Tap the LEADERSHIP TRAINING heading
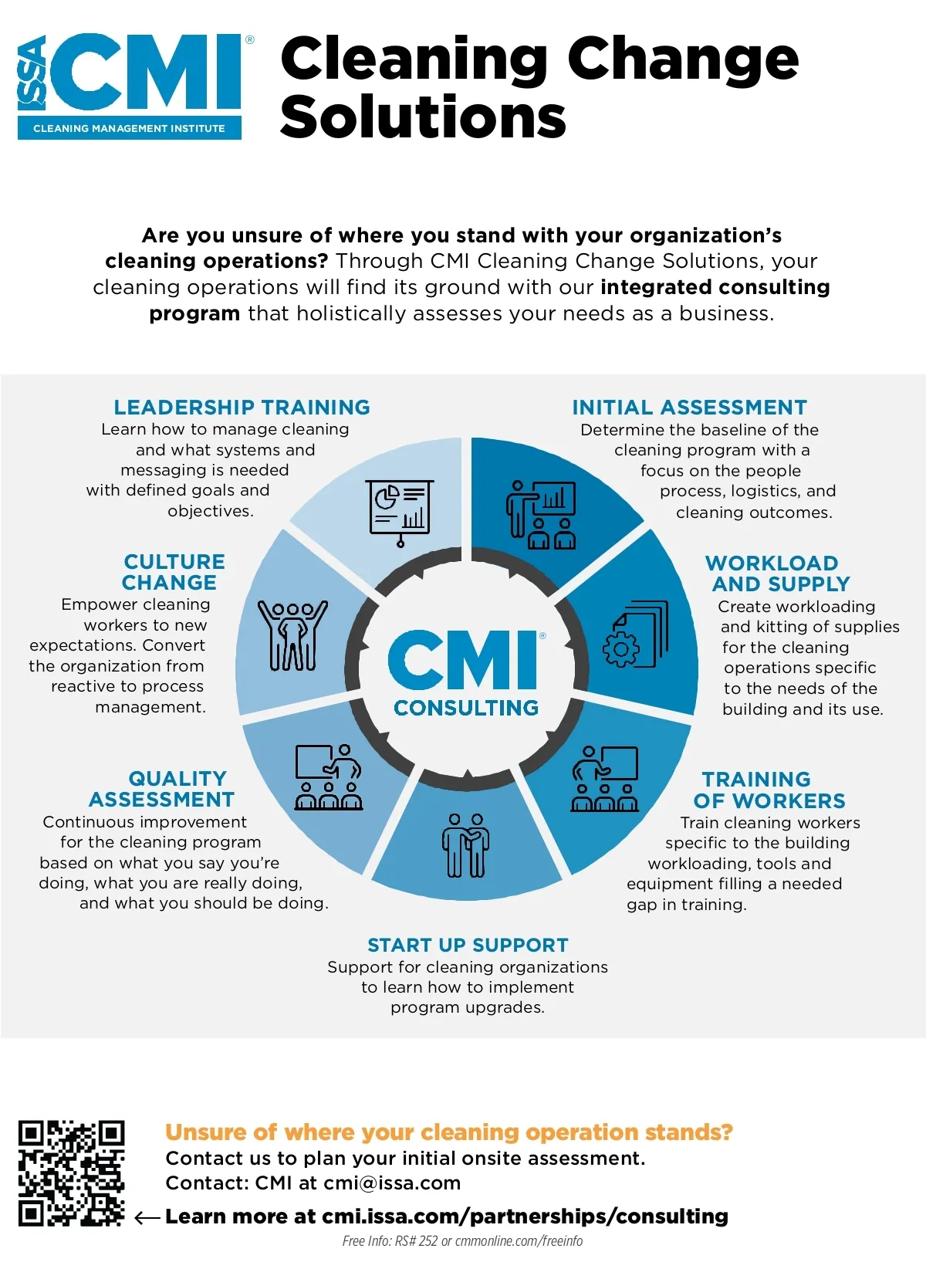click(242, 407)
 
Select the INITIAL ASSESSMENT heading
click(689, 407)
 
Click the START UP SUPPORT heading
click(468, 945)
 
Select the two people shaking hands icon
click(466, 845)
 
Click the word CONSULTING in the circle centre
click(466, 707)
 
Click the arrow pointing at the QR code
click(147, 1218)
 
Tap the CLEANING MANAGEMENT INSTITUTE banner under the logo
click(129, 128)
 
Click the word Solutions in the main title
click(423, 117)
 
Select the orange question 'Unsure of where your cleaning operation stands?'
click(448, 1132)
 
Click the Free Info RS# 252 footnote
click(462, 1241)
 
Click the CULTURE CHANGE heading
click(172, 571)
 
